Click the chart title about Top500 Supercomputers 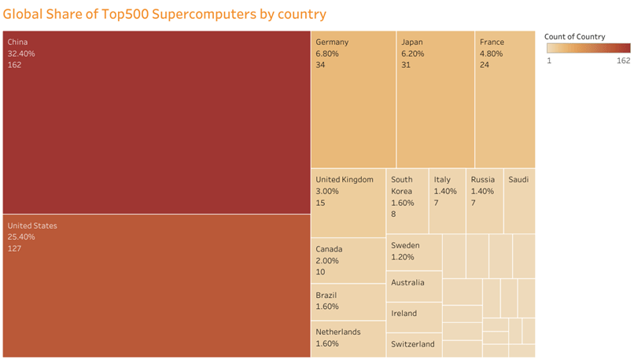pyautogui.click(x=164, y=14)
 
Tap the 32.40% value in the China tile pyautogui.click(x=21, y=53)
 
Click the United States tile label pyautogui.click(x=32, y=226)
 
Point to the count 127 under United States pyautogui.click(x=14, y=249)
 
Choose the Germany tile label pyautogui.click(x=332, y=42)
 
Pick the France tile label pyautogui.click(x=492, y=42)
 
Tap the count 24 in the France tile pyautogui.click(x=485, y=65)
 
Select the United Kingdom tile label pyautogui.click(x=345, y=180)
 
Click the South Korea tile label pyautogui.click(x=402, y=186)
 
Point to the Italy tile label pyautogui.click(x=443, y=180)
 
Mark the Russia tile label pyautogui.click(x=483, y=180)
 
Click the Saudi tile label pyautogui.click(x=518, y=180)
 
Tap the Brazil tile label pyautogui.click(x=326, y=296)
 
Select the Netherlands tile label pyautogui.click(x=338, y=332)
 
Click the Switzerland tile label pyautogui.click(x=413, y=344)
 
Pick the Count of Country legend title pyautogui.click(x=574, y=37)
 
